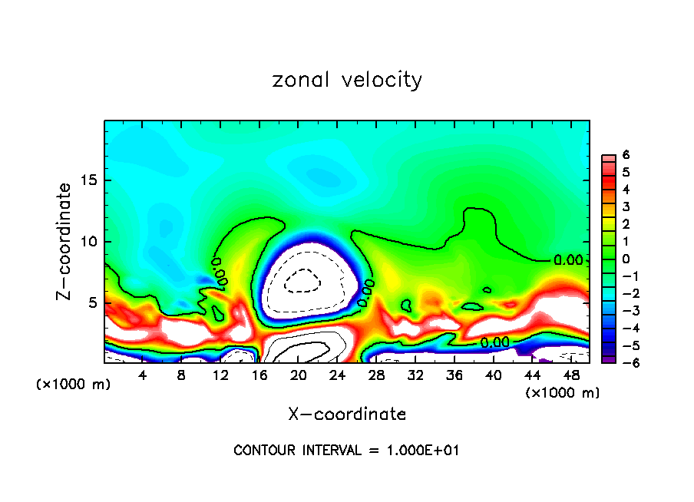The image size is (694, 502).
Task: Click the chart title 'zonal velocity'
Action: (347, 80)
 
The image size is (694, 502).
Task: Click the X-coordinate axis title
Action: (347, 414)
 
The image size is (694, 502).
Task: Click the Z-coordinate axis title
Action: (66, 241)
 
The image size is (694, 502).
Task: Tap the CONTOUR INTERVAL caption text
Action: (347, 451)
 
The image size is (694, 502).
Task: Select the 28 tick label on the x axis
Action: (376, 375)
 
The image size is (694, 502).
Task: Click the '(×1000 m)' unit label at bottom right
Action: (563, 392)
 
